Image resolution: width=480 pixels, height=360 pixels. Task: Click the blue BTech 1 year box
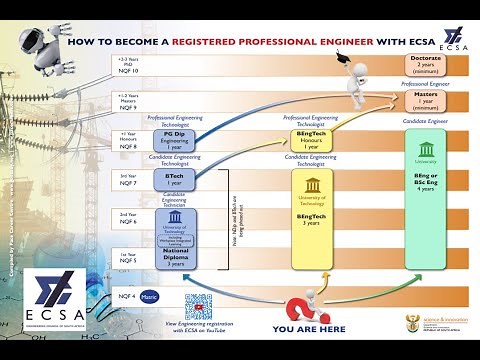pos(174,178)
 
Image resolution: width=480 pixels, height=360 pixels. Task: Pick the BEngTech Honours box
pos(311,138)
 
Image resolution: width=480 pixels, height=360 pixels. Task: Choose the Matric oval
pos(150,296)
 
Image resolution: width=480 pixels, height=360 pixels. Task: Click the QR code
pos(199,306)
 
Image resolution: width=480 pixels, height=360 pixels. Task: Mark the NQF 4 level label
pos(127,297)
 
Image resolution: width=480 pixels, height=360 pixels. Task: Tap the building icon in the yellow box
pos(312,186)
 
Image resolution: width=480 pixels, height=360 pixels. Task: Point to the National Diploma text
pos(175,260)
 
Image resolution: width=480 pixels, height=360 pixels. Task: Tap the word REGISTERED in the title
pos(205,44)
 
